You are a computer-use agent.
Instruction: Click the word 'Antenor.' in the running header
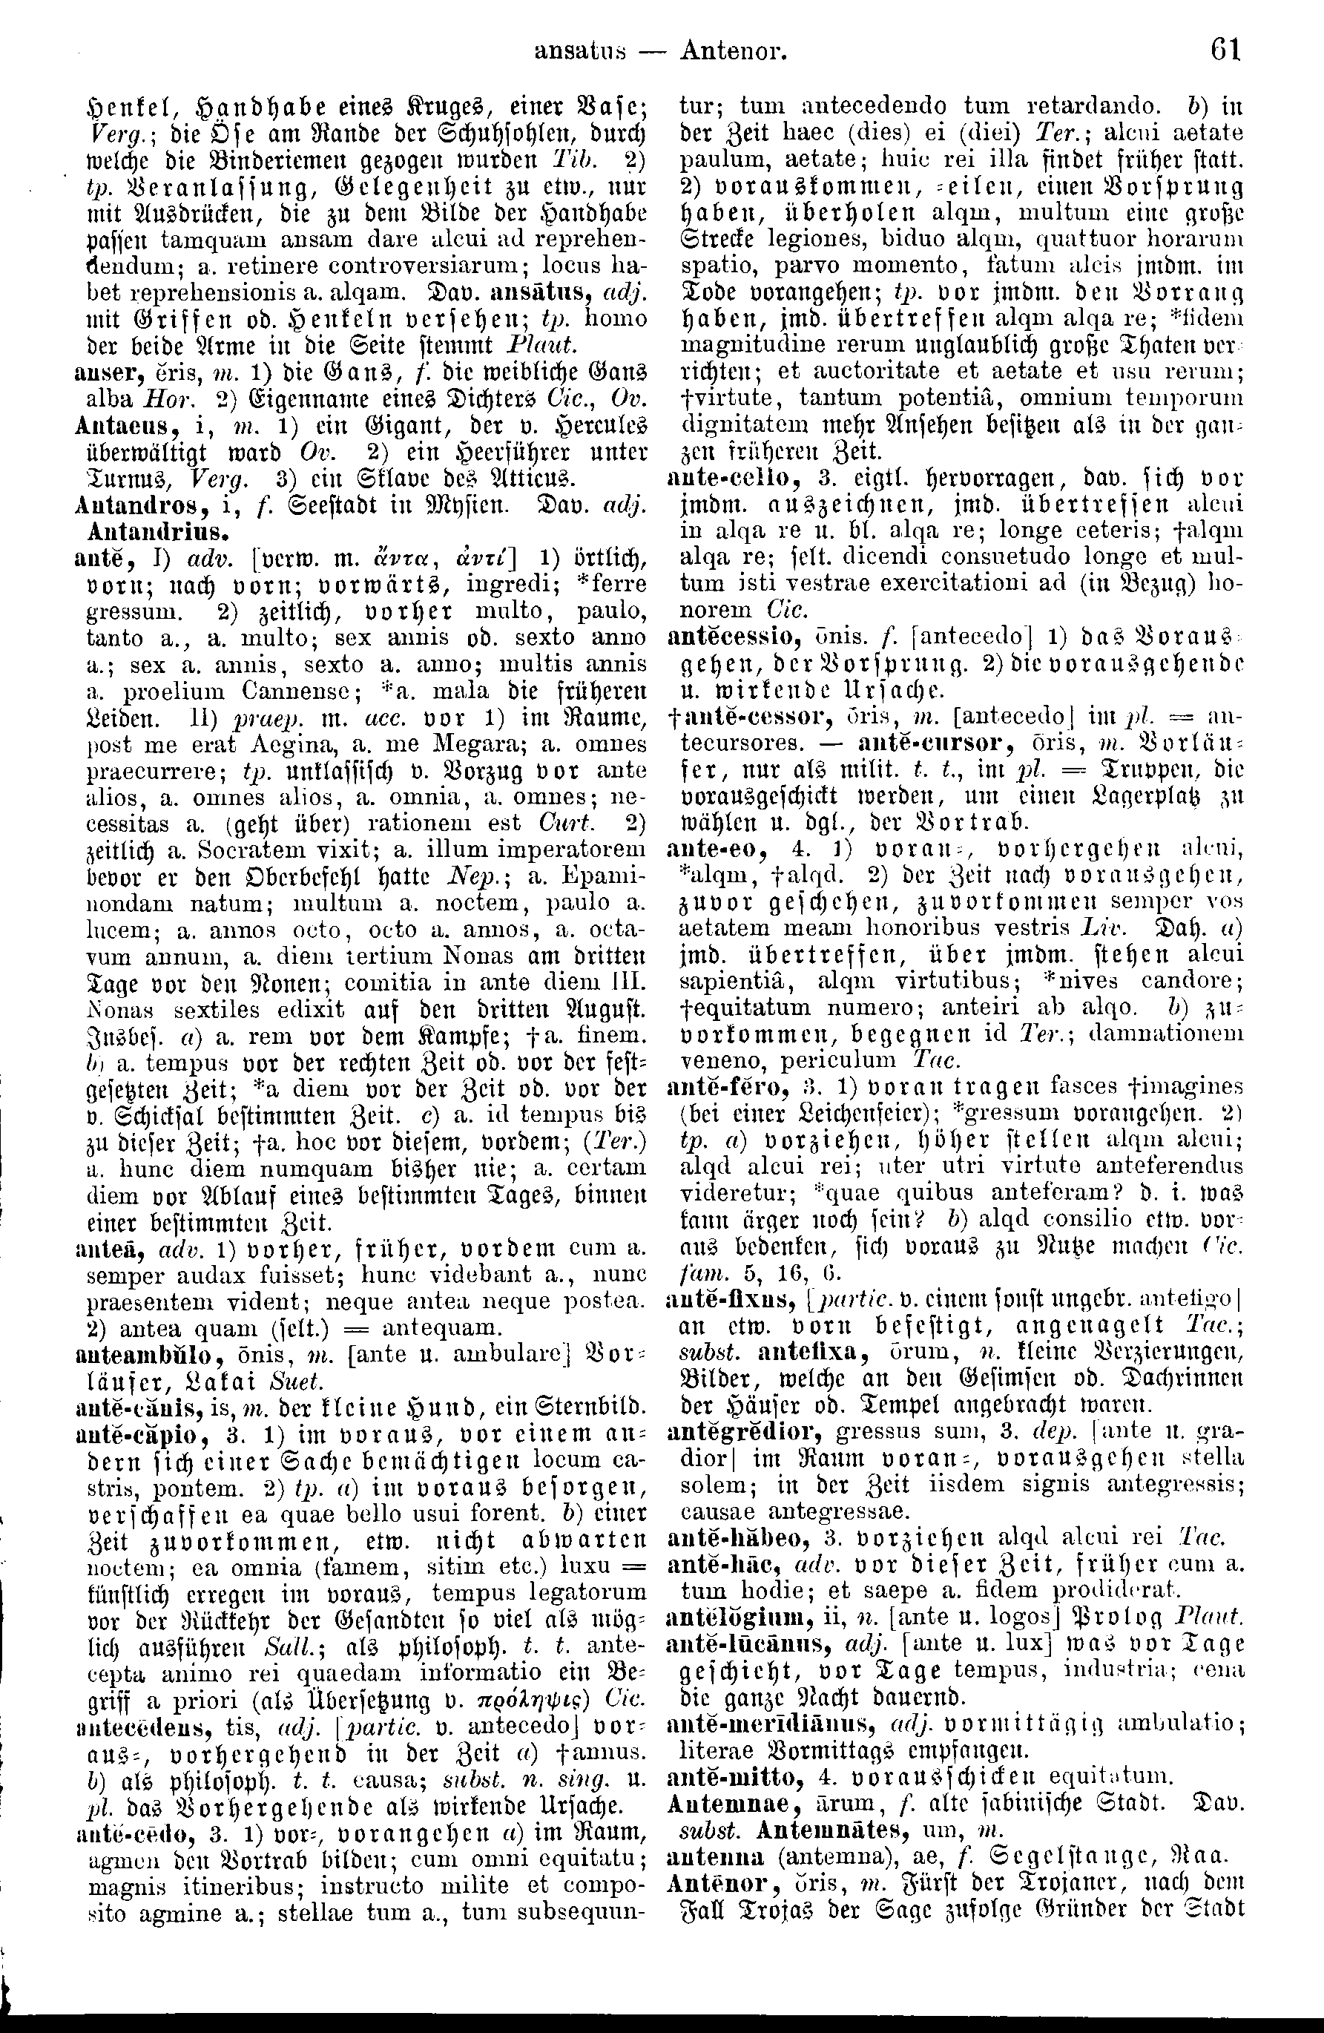734,52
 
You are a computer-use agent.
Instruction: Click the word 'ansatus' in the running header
580,52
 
